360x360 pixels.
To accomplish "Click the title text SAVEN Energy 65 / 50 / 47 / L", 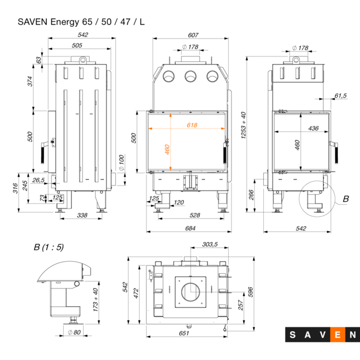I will pyautogui.click(x=82, y=22).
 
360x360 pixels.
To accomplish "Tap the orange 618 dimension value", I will pyautogui.click(x=192, y=125).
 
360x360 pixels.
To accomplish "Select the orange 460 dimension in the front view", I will pyautogui.click(x=167, y=150).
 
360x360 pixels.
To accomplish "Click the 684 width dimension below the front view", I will pyautogui.click(x=190, y=228).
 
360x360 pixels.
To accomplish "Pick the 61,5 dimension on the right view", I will pyautogui.click(x=340, y=96).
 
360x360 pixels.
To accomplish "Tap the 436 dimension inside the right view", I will pyautogui.click(x=313, y=129).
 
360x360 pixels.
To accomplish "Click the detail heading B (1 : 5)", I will pyautogui.click(x=49, y=247).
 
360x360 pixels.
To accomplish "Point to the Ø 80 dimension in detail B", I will pyautogui.click(x=74, y=333).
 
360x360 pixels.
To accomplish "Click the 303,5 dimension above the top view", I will pyautogui.click(x=210, y=245).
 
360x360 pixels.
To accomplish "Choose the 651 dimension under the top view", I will pyautogui.click(x=184, y=333).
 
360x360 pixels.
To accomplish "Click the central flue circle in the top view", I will pyautogui.click(x=193, y=291).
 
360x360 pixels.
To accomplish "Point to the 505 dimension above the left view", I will pyautogui.click(x=77, y=45).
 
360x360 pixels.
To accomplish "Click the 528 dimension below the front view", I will pyautogui.click(x=195, y=215).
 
